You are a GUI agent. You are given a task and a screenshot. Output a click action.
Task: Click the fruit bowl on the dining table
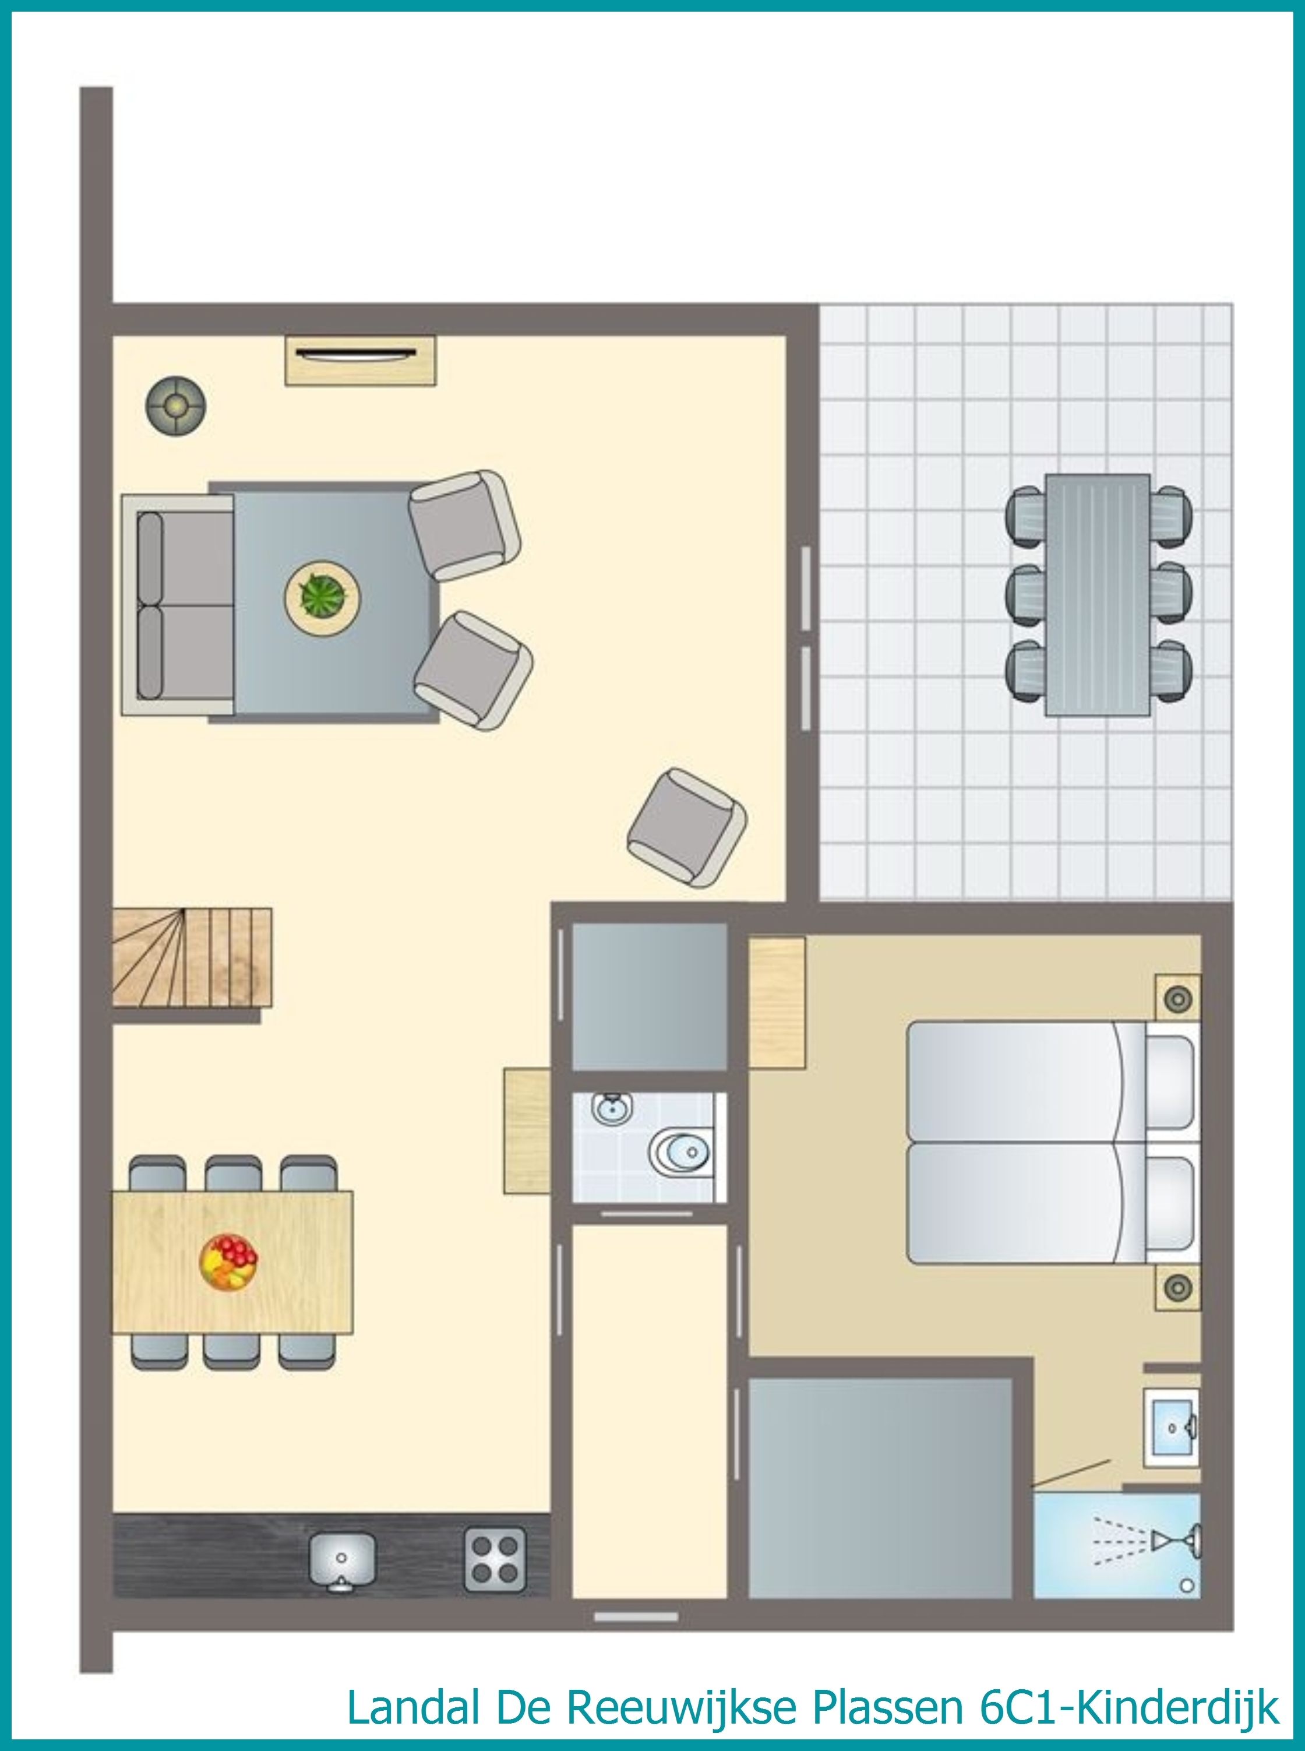[x=228, y=1262]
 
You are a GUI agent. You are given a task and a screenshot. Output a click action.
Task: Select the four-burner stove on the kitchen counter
[x=495, y=1558]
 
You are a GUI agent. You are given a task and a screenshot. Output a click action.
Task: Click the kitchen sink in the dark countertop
[x=342, y=1560]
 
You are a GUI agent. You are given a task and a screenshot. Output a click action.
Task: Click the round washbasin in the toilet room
[x=611, y=1109]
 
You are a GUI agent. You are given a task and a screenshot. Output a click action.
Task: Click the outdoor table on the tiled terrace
[x=1097, y=595]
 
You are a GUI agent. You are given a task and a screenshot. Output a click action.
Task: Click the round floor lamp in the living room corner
[x=175, y=406]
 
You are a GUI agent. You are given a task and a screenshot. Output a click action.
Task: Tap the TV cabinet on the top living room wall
[x=360, y=360]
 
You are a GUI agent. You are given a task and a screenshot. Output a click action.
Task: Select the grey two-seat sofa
[x=178, y=605]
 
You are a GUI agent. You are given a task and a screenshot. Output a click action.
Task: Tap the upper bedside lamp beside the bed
[x=1178, y=998]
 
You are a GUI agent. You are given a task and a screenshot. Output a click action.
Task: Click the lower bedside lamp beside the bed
[x=1178, y=1287]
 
